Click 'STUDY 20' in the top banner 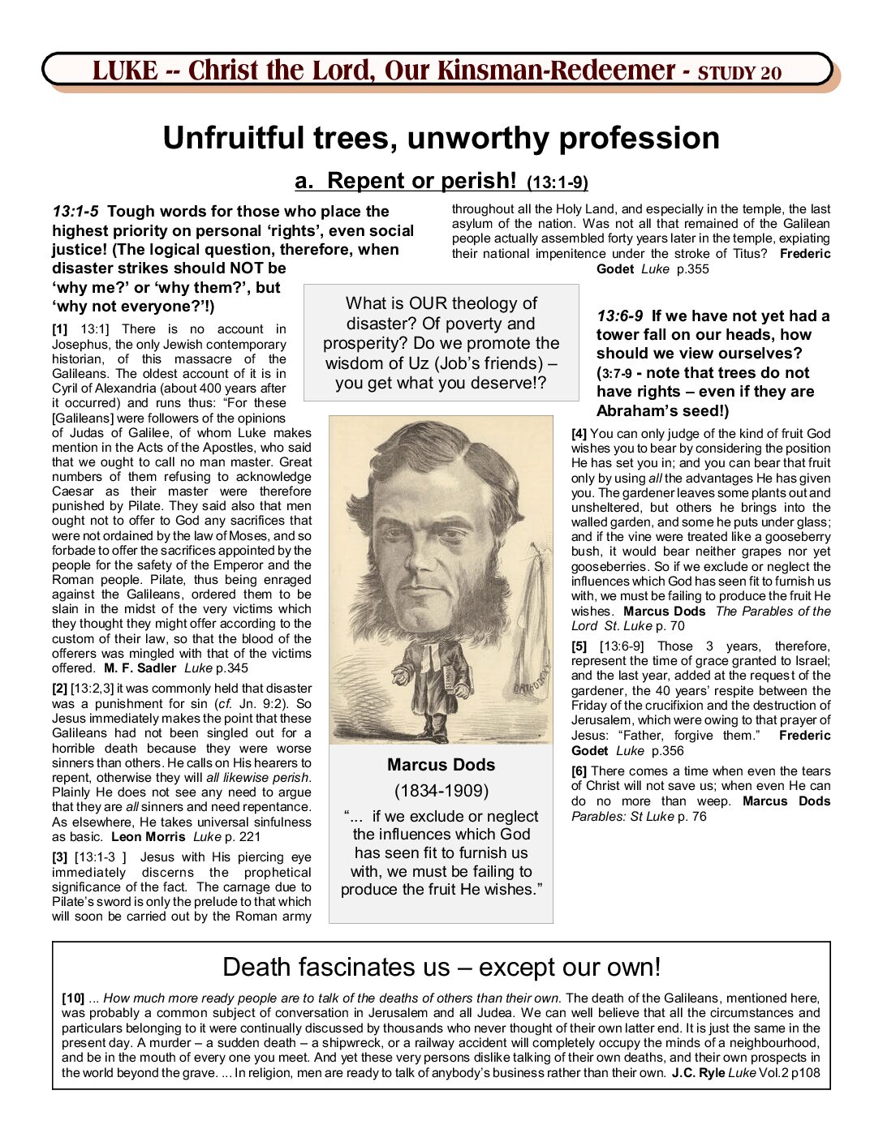(x=739, y=73)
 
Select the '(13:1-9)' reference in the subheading (x=558, y=182)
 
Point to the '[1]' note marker (x=60, y=329)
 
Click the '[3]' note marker (x=60, y=857)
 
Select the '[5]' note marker (x=579, y=646)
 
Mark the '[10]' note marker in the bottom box (x=73, y=998)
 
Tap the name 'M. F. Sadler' (x=140, y=668)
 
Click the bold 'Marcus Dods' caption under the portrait (x=441, y=765)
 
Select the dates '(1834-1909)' (x=441, y=791)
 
